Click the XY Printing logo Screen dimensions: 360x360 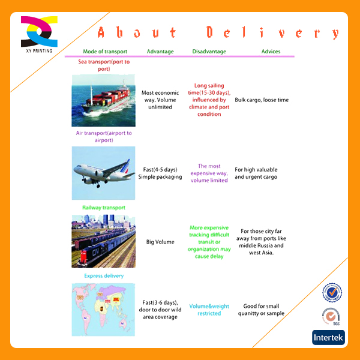[x=39, y=34]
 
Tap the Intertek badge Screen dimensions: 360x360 [x=328, y=337]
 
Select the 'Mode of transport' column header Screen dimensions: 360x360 [x=105, y=52]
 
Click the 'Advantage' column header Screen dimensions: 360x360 [x=160, y=52]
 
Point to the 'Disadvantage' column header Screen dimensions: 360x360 [x=209, y=52]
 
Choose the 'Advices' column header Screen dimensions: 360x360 [x=271, y=52]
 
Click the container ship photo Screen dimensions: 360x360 [x=103, y=100]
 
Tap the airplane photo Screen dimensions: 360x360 [x=103, y=173]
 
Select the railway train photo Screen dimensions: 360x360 [x=103, y=241]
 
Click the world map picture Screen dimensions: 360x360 [x=103, y=310]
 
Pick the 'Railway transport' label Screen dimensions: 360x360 [x=104, y=208]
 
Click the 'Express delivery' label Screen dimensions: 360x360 [x=104, y=276]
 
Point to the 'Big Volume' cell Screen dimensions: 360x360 [x=160, y=242]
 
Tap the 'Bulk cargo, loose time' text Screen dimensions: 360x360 [x=262, y=100]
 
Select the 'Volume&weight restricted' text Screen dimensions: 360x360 [x=209, y=310]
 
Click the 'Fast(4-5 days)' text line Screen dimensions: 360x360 [x=160, y=169]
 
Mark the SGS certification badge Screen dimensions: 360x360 [x=331, y=317]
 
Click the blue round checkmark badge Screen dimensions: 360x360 [x=332, y=292]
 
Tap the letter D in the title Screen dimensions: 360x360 [x=209, y=32]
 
